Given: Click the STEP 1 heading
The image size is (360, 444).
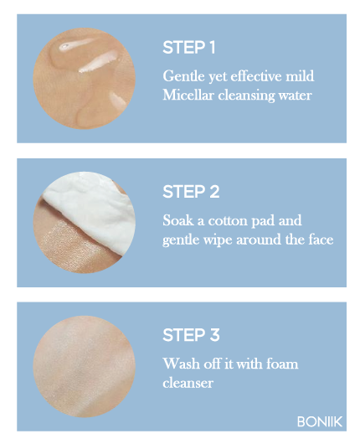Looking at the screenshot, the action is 188,47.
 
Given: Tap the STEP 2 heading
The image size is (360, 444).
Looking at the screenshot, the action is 191,192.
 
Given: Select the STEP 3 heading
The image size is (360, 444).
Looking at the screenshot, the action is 191,335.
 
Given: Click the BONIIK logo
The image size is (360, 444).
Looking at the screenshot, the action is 320,421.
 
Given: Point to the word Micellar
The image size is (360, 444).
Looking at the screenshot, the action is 188,95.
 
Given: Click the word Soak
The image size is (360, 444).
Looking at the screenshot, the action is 178,220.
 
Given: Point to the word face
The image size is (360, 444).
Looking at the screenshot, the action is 321,240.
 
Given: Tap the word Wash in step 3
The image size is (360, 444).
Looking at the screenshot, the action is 181,364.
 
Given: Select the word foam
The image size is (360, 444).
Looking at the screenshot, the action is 282,364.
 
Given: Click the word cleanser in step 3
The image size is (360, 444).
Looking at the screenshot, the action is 188,383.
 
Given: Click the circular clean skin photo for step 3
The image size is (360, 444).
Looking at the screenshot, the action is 84,366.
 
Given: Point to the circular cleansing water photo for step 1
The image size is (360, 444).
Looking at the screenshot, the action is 84,79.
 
